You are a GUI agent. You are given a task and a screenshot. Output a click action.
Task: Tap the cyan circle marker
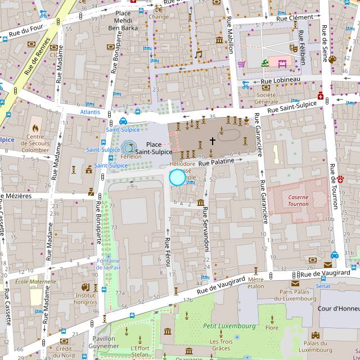click(x=177, y=178)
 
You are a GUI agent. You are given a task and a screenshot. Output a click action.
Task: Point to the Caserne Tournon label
click(x=298, y=200)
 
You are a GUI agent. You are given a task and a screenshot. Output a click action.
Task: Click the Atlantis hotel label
click(x=90, y=112)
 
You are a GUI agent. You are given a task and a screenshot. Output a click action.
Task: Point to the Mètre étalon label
click(x=255, y=282)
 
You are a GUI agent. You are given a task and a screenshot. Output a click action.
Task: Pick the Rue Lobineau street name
click(x=280, y=80)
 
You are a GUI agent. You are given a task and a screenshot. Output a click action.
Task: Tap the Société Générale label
click(x=266, y=98)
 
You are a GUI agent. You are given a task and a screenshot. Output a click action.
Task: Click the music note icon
click(x=198, y=54)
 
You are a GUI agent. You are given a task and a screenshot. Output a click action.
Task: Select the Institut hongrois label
click(x=85, y=299)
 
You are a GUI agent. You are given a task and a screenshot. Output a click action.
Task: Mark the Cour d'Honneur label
click(x=337, y=309)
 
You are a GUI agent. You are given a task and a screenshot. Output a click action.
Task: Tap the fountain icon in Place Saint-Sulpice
click(x=129, y=148)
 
